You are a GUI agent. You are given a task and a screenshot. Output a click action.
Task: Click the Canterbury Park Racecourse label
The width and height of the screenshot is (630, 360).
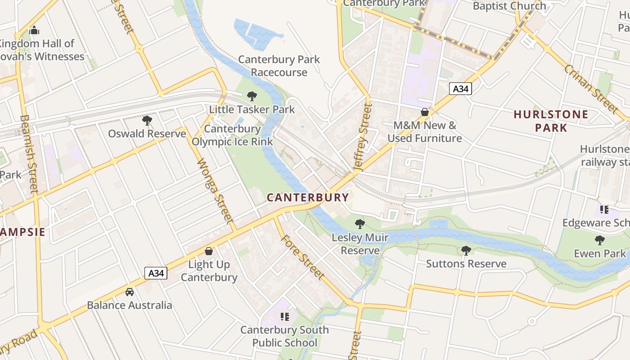279,66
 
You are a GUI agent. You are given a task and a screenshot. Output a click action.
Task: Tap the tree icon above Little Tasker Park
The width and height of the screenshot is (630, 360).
252,96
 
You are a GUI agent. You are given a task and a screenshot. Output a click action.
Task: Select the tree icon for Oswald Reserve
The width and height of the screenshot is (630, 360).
147,120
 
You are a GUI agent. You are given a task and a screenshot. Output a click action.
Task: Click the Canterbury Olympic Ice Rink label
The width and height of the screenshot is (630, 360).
232,135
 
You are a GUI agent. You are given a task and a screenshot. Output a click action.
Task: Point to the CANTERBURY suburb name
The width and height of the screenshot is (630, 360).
308,198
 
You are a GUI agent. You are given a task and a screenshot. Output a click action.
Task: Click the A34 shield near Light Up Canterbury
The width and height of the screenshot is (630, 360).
156,273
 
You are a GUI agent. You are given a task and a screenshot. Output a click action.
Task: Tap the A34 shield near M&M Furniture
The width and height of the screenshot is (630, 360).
460,89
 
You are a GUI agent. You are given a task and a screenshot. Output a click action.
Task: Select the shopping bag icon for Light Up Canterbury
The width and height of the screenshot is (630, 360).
209,251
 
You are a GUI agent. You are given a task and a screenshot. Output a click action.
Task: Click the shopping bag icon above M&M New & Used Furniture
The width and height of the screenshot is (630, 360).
424,112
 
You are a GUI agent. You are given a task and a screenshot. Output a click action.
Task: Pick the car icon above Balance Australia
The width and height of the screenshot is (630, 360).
130,292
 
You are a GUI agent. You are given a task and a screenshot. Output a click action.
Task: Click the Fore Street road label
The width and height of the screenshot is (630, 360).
302,256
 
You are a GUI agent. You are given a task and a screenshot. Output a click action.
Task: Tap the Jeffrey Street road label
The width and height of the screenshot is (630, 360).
363,137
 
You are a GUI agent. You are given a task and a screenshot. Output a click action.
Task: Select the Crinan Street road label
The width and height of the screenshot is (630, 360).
590,88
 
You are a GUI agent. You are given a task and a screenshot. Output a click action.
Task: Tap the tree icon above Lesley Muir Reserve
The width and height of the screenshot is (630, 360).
360,224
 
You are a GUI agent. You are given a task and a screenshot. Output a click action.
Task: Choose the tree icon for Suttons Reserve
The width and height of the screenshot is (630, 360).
466,250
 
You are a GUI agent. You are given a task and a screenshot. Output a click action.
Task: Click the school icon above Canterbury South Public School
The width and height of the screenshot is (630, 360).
284,317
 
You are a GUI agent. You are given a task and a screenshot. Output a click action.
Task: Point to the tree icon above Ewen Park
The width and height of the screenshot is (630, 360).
599,240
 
